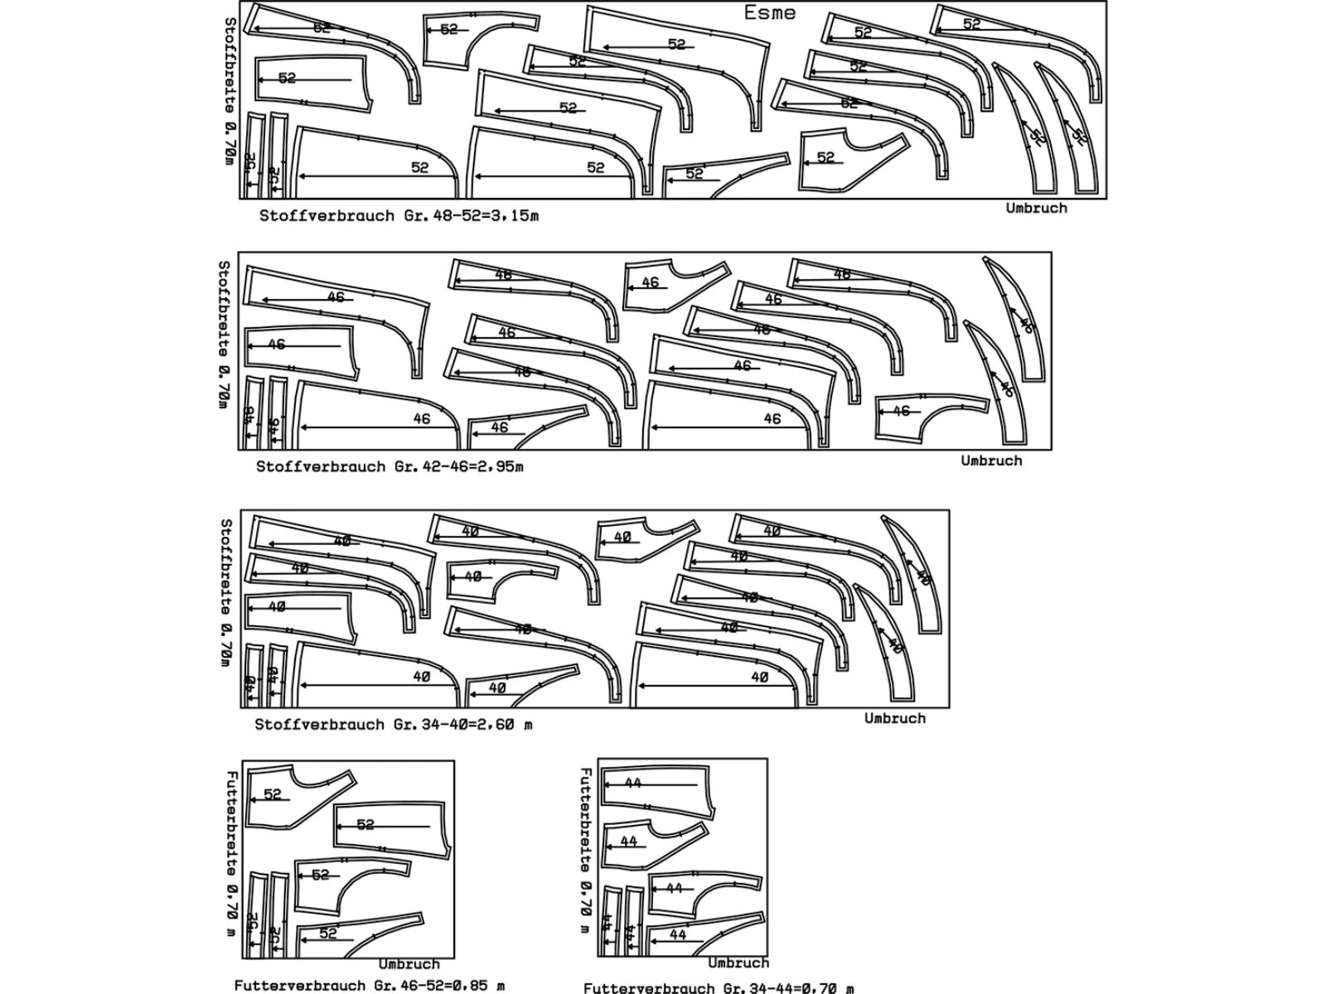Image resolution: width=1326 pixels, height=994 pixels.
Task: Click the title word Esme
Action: coord(769,12)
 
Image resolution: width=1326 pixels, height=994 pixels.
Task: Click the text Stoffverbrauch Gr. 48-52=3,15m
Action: coord(399,215)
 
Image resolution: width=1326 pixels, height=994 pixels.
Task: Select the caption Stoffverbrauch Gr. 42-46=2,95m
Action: coord(390,466)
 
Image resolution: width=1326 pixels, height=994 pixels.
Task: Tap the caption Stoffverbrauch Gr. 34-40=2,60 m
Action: coord(393,725)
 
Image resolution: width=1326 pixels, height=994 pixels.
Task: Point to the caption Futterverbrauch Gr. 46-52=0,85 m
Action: coord(369,985)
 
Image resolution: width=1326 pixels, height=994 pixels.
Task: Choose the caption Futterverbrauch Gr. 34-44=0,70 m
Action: coord(719,987)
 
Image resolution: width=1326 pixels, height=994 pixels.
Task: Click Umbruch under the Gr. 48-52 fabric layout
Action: coord(1036,208)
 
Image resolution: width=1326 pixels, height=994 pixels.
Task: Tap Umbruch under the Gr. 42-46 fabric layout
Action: coord(991,461)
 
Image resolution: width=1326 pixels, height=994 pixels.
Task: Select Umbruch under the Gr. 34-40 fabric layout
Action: coord(894,718)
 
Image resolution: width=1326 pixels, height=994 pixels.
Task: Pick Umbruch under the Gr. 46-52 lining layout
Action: coord(409,964)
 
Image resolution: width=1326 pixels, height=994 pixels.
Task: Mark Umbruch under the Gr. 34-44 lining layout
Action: coord(738,963)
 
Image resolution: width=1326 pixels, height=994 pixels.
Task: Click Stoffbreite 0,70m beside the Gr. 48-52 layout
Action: coord(230,91)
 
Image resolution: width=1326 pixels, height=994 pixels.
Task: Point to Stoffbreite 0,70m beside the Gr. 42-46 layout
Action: coord(224,334)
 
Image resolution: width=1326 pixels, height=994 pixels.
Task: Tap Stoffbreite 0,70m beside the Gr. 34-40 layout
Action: coord(226,591)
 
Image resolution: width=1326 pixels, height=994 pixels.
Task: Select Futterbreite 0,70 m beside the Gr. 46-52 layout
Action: coord(231,853)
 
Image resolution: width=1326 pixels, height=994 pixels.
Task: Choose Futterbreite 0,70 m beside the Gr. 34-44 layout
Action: coord(585,850)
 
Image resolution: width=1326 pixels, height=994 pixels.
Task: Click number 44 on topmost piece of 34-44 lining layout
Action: coord(633,783)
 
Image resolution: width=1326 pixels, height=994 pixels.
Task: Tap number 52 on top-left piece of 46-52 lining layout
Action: coord(273,794)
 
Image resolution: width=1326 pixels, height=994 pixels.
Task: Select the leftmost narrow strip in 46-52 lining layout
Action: coord(257,914)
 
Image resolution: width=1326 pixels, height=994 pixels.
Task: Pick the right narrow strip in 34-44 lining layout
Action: coord(633,923)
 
